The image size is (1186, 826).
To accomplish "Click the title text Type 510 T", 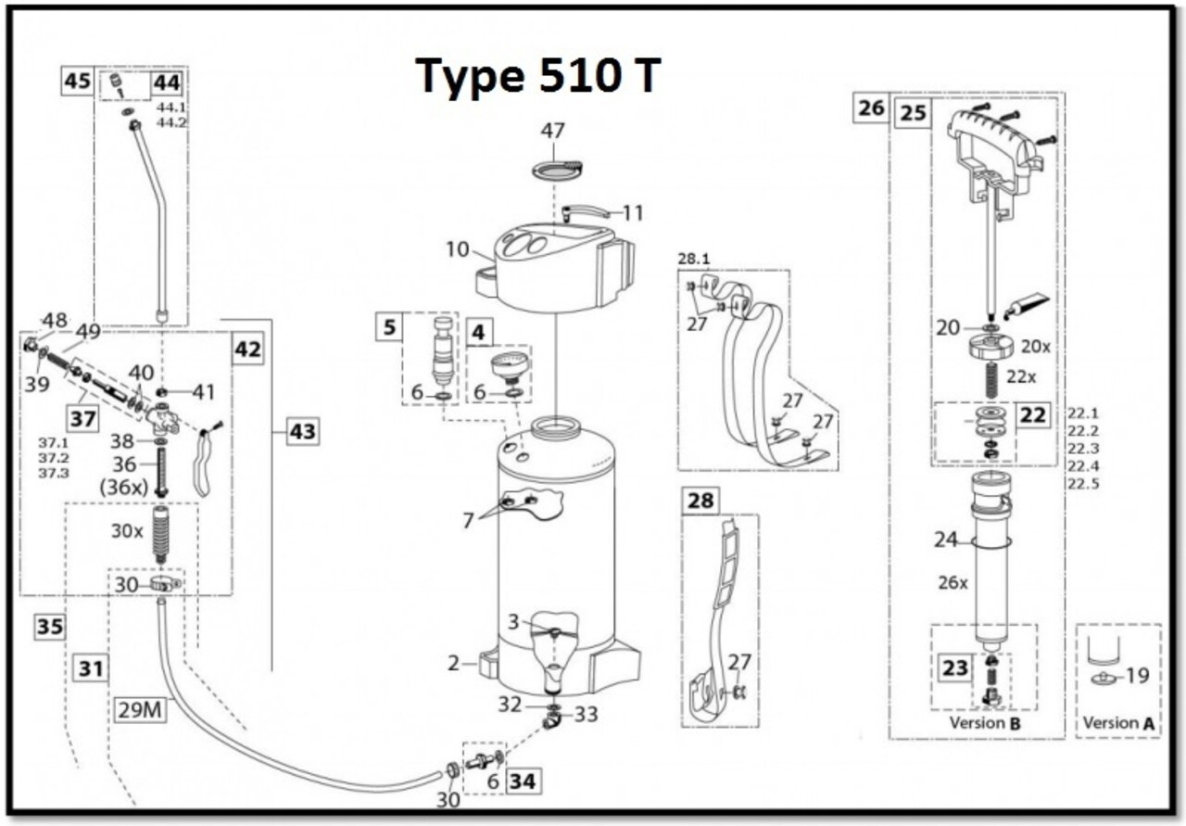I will tap(538, 76).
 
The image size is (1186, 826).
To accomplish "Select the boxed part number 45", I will tap(77, 82).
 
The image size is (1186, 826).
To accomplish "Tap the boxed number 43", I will tap(302, 431).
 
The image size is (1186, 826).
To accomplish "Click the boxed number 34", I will tap(523, 782).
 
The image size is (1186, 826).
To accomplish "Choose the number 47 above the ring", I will tap(553, 131).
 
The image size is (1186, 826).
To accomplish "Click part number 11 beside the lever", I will tap(632, 213).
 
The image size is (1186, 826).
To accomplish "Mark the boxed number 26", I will tap(871, 108).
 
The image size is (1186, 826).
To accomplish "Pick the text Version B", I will tap(983, 722).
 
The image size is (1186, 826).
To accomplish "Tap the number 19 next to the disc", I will tap(1137, 676).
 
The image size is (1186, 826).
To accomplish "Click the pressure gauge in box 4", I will tap(507, 365).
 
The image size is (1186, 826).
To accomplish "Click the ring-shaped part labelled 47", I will tap(557, 170).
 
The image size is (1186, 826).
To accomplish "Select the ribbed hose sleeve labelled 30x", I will tap(162, 534).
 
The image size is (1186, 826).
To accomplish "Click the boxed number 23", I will tap(955, 668).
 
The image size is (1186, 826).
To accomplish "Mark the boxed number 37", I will tap(83, 419).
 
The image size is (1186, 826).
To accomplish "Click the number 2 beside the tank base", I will tap(453, 663).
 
